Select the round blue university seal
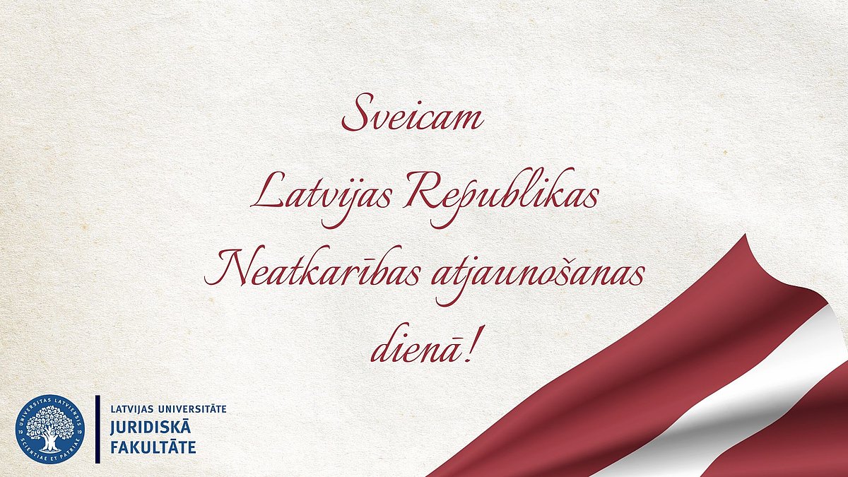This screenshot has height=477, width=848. tap(50, 429)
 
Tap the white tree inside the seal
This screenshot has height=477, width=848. tap(50, 427)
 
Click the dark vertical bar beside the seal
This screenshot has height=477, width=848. tap(98, 430)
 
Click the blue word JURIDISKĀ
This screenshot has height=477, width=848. tap(151, 427)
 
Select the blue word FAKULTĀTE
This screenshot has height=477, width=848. tap(153, 447)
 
